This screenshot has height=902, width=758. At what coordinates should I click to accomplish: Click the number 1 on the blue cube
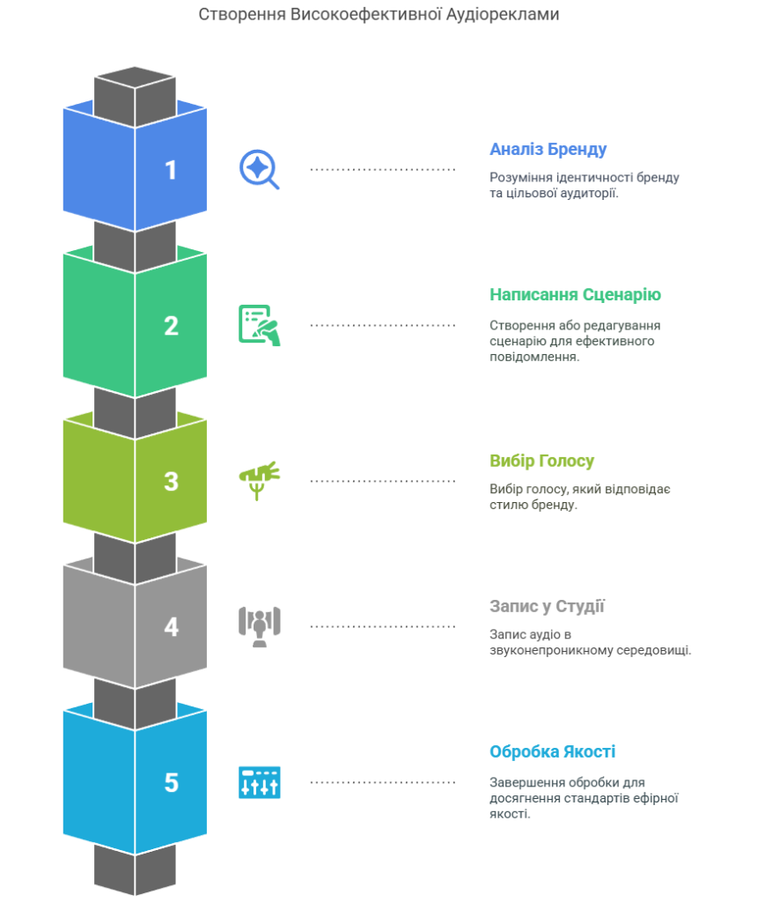point(171,170)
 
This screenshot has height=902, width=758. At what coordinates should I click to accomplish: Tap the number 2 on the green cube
point(172,326)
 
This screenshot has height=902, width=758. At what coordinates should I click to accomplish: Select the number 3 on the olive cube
point(172,482)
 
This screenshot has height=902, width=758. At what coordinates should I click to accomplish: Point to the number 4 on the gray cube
point(172,627)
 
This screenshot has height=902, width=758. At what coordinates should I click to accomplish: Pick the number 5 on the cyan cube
point(172,783)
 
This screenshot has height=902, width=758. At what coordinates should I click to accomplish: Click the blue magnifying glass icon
point(259,169)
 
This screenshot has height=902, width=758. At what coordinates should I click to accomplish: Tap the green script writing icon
point(260,325)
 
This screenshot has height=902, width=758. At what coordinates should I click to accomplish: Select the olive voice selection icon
point(260,480)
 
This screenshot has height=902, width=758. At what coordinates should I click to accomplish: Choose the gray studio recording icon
point(260,626)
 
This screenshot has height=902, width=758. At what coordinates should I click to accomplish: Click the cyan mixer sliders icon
point(260,782)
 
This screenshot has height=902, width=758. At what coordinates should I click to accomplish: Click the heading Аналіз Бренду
point(548,150)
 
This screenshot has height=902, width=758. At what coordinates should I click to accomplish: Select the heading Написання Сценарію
point(575,294)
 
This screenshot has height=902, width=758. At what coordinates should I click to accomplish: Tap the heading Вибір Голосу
point(541,461)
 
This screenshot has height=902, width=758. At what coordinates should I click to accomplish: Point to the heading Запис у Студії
point(547,606)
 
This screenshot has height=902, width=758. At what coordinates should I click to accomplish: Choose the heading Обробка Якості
point(552,751)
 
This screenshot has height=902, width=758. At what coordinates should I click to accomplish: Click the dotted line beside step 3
point(382,481)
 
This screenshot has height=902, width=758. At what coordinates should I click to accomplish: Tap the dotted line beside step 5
point(382,782)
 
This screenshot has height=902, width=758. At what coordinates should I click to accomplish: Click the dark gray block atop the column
point(136,95)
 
